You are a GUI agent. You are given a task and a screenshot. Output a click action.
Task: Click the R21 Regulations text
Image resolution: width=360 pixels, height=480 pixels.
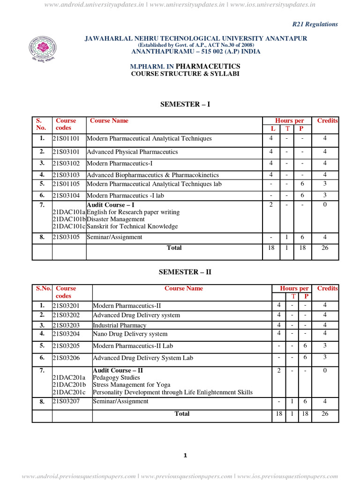click(315, 24)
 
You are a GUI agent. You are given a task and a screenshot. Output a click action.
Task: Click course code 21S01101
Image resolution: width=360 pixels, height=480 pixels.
click(68, 139)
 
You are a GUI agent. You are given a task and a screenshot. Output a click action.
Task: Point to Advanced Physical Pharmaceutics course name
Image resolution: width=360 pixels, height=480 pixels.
click(133, 152)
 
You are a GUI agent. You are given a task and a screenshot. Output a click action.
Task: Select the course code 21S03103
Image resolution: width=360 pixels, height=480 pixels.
click(68, 175)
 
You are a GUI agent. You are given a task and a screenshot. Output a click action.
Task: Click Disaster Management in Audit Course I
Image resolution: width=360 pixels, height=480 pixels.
click(116, 219)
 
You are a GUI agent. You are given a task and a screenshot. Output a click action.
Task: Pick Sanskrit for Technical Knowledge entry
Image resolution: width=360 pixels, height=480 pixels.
click(133, 226)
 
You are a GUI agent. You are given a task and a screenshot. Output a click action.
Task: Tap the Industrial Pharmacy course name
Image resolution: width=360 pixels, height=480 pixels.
click(120, 325)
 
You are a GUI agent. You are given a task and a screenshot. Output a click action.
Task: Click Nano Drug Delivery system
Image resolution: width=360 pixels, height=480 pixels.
click(130, 334)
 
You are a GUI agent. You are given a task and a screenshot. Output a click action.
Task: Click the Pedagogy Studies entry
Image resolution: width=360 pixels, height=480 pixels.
click(116, 377)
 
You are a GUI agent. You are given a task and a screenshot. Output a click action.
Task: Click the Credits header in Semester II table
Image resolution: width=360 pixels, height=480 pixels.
click(327, 288)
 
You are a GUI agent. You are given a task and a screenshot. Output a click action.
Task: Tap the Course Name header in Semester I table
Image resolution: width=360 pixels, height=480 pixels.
click(109, 120)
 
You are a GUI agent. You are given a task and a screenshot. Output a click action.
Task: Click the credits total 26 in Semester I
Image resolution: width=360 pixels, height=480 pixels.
click(324, 248)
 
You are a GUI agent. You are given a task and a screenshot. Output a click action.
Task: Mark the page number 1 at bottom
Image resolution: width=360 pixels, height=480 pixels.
click(185, 456)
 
